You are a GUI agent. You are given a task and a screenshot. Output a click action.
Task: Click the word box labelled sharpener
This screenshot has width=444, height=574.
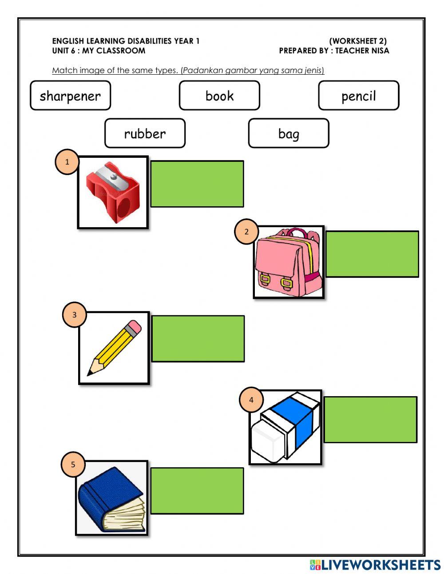coord(70,96)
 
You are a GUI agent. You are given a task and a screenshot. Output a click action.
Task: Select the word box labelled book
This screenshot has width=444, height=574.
coord(219,96)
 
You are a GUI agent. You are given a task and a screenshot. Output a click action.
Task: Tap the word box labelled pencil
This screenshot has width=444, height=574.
coord(358,96)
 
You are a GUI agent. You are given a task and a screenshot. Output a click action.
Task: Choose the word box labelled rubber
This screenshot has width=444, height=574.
coord(145,133)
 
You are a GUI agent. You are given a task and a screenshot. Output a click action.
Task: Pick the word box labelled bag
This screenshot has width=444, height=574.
coord(289,133)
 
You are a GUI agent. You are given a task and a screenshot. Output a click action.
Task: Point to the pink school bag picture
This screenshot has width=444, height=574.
coord(289,262)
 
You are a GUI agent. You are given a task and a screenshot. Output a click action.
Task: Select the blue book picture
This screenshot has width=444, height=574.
coord(111,498)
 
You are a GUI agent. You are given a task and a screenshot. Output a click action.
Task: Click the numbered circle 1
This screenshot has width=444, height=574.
coord(67,162)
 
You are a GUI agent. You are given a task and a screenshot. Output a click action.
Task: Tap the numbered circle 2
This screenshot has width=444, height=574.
coord(246,232)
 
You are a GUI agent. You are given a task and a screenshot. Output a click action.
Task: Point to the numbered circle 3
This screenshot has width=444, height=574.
coord(74,315)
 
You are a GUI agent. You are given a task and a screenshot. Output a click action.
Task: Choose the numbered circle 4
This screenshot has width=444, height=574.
coord(251,400)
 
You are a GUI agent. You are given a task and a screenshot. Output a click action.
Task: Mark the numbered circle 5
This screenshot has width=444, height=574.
coord(73,465)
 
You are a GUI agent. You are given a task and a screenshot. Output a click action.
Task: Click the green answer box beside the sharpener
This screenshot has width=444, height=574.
coord(197,184)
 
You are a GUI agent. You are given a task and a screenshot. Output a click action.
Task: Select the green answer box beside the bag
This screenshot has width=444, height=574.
coord(372,254)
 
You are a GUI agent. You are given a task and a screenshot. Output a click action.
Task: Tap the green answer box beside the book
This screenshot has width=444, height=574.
coord(197,491)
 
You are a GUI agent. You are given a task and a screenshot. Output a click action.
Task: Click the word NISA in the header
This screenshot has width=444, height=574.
coord(380,51)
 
